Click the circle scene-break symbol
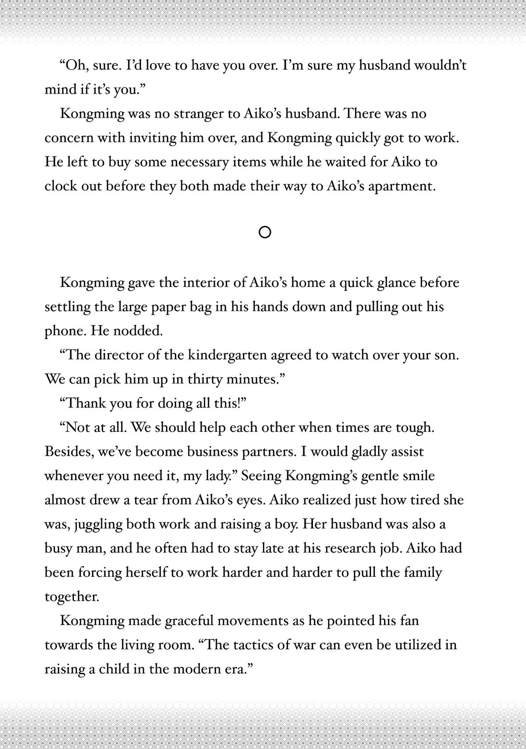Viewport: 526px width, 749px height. [x=265, y=232]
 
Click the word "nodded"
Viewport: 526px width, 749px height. [x=138, y=331]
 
